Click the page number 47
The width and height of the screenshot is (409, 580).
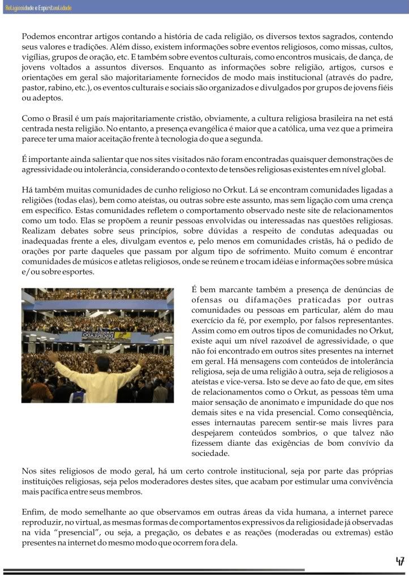[399, 561]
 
